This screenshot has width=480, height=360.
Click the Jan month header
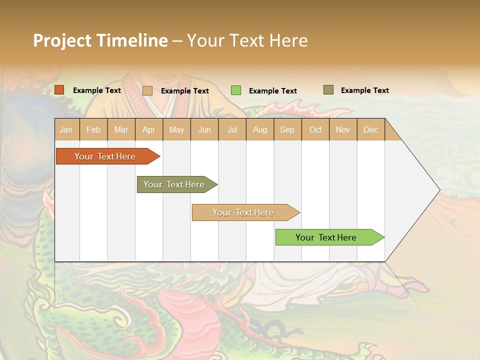[66, 130]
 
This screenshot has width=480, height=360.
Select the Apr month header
[148, 130]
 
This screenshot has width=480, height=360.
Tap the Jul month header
[232, 130]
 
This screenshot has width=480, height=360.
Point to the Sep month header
[287, 130]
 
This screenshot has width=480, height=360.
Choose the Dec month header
[370, 130]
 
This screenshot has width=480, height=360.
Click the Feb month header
[93, 130]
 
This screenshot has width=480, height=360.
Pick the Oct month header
[315, 130]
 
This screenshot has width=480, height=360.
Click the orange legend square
[59, 90]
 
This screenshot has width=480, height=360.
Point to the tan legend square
[147, 90]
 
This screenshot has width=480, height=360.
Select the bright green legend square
[236, 90]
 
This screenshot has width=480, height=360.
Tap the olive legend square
[328, 90]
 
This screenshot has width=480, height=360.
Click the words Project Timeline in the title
[100, 40]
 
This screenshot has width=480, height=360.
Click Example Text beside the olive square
[364, 90]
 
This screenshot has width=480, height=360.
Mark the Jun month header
[204, 130]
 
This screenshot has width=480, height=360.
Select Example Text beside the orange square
[96, 90]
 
